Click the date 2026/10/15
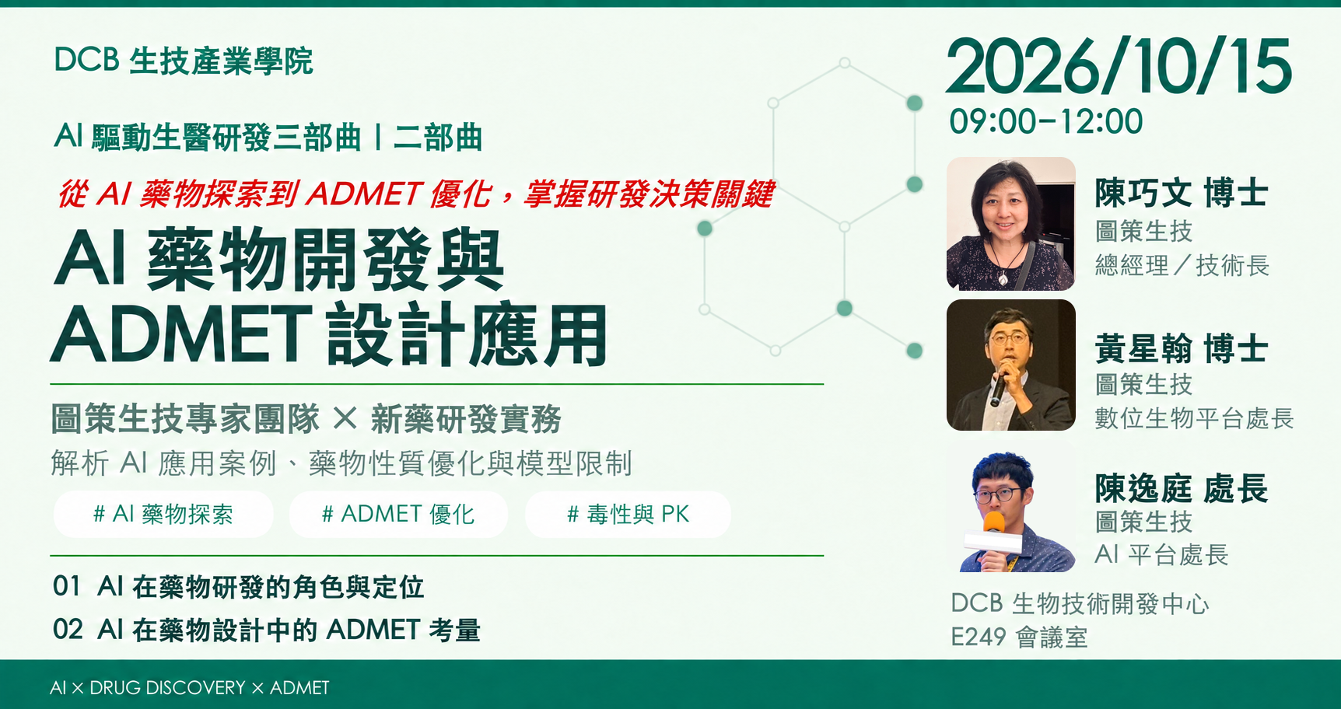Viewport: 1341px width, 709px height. [1119, 67]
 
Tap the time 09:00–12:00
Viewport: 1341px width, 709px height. [1046, 121]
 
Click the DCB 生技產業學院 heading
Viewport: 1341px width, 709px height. [184, 61]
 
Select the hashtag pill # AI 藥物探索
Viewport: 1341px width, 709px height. [163, 514]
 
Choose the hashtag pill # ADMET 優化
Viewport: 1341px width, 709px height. [398, 514]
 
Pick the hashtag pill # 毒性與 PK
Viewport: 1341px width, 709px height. [628, 514]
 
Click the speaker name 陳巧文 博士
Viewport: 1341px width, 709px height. [1182, 193]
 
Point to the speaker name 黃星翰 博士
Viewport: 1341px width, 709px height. [1182, 348]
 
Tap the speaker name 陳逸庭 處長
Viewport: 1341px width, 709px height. [1182, 488]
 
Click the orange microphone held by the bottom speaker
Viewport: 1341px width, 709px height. [993, 523]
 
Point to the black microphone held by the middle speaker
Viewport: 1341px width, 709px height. [999, 386]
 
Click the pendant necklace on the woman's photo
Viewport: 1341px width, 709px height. [1003, 275]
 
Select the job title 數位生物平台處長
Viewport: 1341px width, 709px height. [1194, 418]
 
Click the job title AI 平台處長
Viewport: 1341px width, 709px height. [1161, 554]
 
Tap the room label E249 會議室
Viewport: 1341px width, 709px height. [1019, 637]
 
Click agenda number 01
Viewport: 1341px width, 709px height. [67, 586]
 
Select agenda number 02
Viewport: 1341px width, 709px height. [68, 629]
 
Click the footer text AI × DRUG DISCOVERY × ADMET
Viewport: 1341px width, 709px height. [189, 688]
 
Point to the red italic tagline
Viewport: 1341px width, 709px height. [416, 194]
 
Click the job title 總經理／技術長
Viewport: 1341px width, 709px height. [1182, 266]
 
